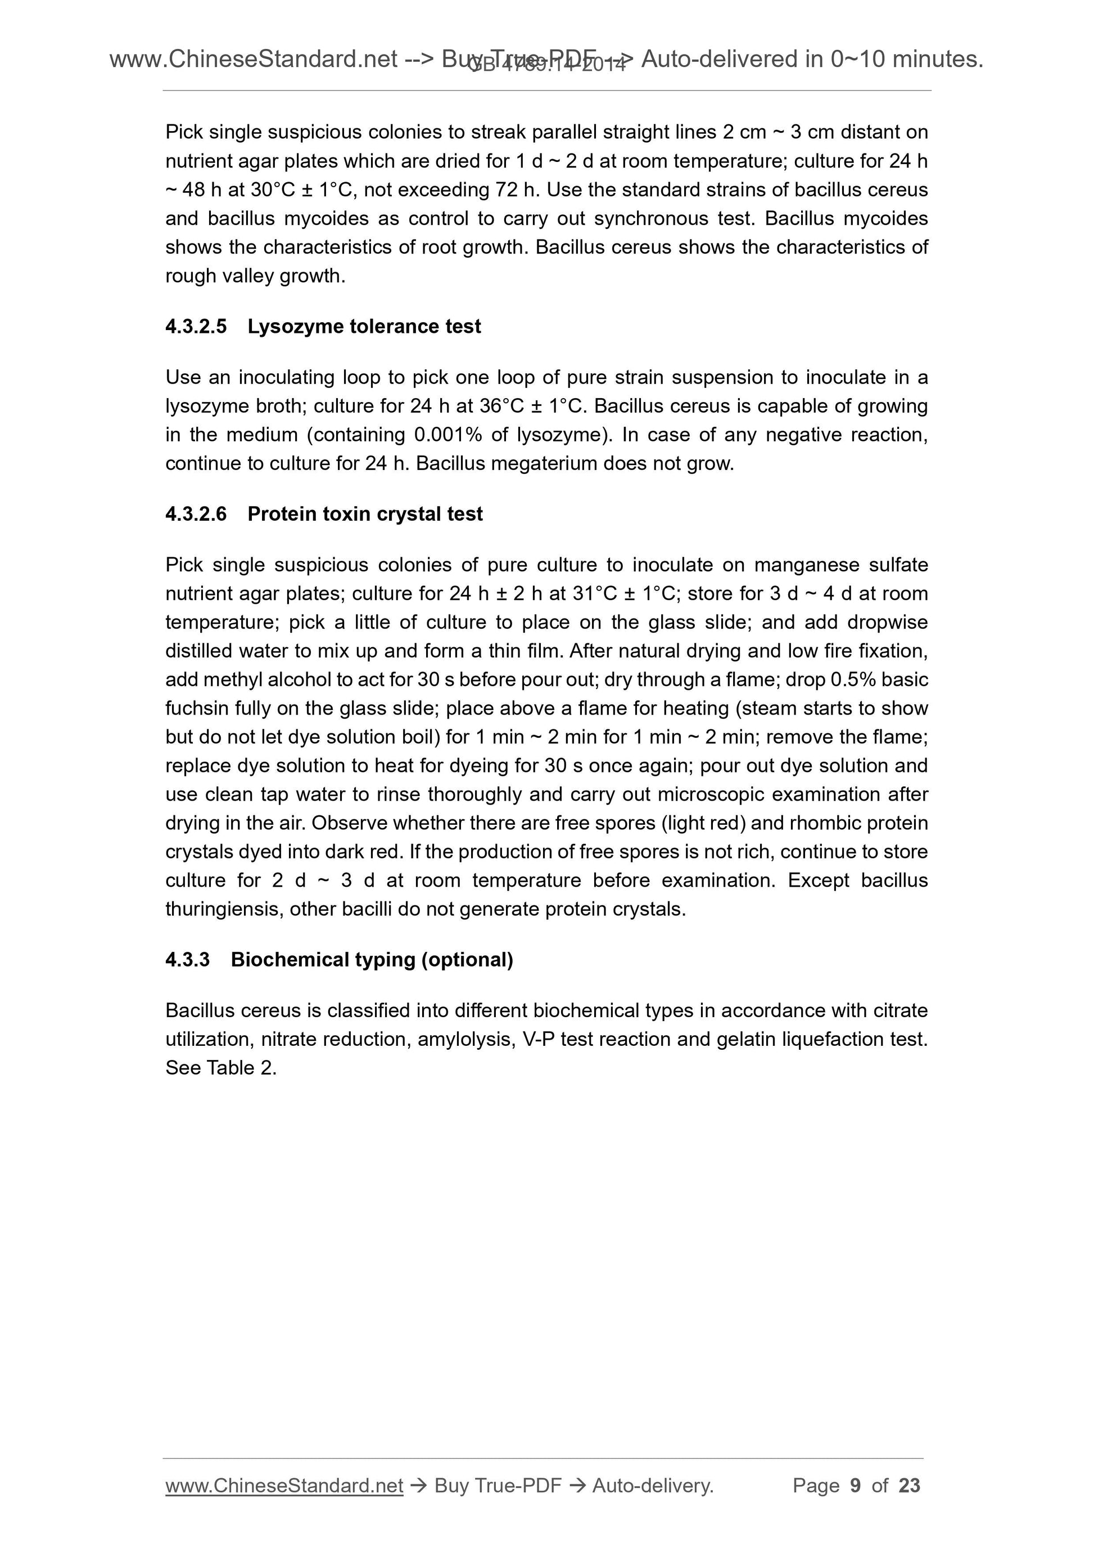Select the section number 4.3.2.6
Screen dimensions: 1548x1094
[x=196, y=514]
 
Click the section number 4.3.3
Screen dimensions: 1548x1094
[x=187, y=959]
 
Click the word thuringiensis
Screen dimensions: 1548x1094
[x=224, y=910]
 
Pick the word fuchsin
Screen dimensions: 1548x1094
[x=191, y=708]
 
